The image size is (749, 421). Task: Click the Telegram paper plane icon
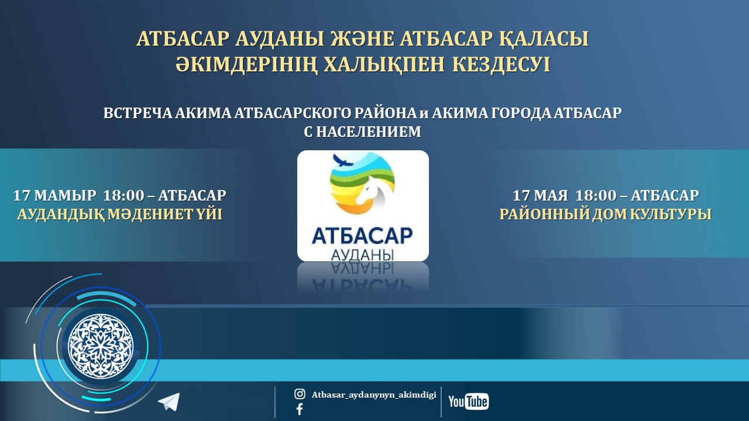[169, 402]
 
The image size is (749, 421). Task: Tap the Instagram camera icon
[300, 394]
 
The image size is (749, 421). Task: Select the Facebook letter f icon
[300, 409]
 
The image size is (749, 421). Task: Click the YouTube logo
[469, 401]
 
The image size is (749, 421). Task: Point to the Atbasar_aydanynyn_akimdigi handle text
[374, 395]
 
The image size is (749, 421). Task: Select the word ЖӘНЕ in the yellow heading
[362, 39]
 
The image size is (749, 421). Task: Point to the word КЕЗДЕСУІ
[501, 64]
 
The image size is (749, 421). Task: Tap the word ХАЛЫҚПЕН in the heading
[384, 65]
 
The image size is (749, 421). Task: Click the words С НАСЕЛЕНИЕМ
[362, 132]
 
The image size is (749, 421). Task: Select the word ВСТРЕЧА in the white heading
[138, 113]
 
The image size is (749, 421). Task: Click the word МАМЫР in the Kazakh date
[65, 195]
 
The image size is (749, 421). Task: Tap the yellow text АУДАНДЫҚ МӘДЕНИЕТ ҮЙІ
[120, 214]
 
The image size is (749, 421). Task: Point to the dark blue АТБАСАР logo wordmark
[362, 236]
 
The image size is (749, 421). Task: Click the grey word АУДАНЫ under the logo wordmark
[362, 255]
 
